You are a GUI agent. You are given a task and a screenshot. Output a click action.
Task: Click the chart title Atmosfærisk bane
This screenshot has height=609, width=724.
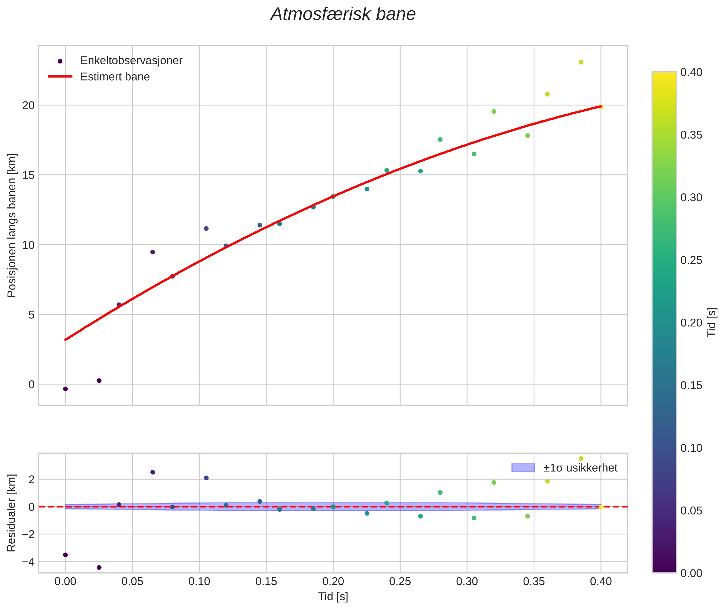point(343,14)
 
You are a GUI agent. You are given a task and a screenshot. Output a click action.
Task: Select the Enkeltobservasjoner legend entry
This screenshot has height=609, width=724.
point(131,61)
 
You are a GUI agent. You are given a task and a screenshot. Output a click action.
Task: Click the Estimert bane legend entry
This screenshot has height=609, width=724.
point(115,77)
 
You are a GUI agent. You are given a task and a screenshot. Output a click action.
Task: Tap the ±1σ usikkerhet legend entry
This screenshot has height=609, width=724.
point(580,468)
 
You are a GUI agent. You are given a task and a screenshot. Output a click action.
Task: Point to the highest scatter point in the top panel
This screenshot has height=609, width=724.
point(581,62)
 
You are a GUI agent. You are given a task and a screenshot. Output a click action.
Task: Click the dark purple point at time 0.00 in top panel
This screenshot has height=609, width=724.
point(65,389)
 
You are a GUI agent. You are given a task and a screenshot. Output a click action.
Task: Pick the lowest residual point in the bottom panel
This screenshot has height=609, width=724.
point(99,568)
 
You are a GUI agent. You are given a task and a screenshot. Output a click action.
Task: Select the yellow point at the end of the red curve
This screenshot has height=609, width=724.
point(600,107)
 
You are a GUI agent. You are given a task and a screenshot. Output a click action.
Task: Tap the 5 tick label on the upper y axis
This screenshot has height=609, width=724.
point(31,315)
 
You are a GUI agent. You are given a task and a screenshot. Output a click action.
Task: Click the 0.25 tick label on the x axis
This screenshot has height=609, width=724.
point(400,582)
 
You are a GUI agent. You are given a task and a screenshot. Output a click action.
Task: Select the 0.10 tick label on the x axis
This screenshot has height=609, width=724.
point(199,582)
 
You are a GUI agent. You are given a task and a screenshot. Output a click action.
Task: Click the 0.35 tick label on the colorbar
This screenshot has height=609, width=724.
point(691,135)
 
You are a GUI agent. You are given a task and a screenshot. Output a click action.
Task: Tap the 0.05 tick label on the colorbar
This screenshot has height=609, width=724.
point(691,511)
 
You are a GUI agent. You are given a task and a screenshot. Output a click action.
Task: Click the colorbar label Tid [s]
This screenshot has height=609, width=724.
point(712,322)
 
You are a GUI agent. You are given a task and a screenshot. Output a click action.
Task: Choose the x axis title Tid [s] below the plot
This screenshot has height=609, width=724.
point(333,597)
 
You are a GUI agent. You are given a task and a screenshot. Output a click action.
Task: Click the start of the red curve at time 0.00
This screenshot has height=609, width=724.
point(66,340)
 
